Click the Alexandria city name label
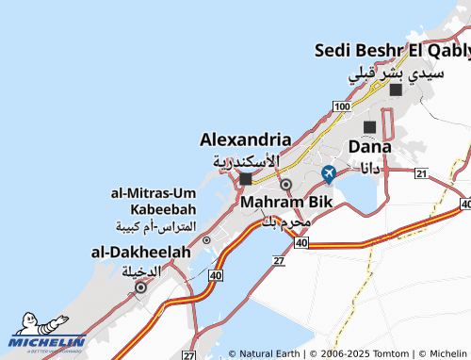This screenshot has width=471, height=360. [x=245, y=139]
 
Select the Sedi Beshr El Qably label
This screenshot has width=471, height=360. [x=392, y=50]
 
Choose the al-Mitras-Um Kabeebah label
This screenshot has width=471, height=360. [x=153, y=201]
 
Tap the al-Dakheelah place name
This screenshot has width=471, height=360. [x=139, y=252]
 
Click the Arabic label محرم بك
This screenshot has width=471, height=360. [x=284, y=222]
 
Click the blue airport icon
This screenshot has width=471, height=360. [x=328, y=173]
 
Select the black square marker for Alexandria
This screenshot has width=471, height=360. [x=246, y=178]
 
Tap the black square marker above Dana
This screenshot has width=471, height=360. [x=369, y=126]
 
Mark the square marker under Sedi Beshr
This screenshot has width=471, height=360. [x=396, y=90]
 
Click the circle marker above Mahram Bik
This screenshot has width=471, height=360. [x=286, y=185]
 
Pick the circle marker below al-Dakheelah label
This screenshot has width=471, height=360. [x=140, y=288]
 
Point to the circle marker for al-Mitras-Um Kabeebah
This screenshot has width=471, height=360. [x=206, y=240]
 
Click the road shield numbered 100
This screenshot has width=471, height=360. [x=341, y=110]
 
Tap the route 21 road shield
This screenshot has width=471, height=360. [x=420, y=173]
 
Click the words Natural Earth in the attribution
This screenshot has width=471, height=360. [x=269, y=353]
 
